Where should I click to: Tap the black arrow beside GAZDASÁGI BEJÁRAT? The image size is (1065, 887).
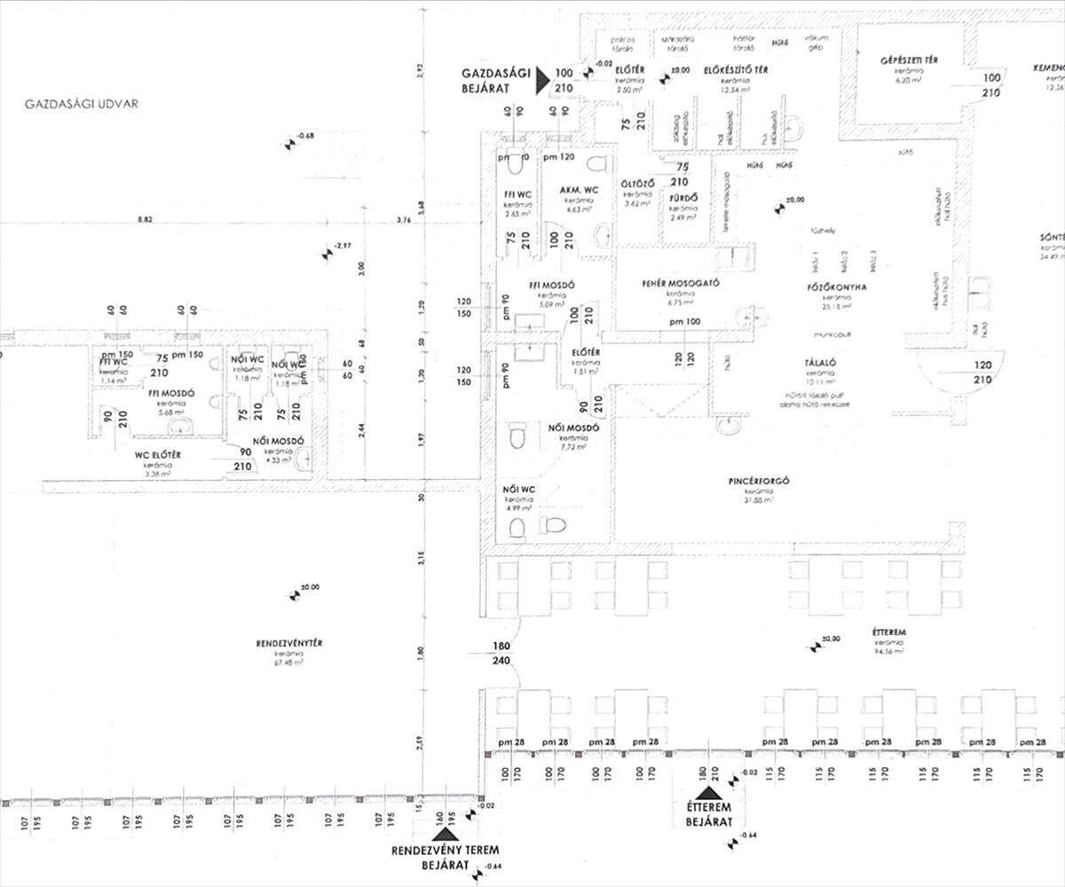(x=542, y=82)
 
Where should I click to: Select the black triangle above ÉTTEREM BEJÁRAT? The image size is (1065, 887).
(x=709, y=793)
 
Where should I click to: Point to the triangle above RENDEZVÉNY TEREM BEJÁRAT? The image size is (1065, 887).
(x=445, y=833)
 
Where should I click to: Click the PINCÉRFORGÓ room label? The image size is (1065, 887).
(x=759, y=483)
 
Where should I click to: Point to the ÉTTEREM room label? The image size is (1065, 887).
(x=888, y=633)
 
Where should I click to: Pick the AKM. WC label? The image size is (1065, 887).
(x=578, y=191)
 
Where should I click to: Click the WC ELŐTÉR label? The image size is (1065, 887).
(x=158, y=455)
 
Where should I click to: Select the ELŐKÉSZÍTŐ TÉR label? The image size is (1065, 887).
(x=735, y=70)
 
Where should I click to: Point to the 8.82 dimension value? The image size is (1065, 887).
(x=146, y=219)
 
